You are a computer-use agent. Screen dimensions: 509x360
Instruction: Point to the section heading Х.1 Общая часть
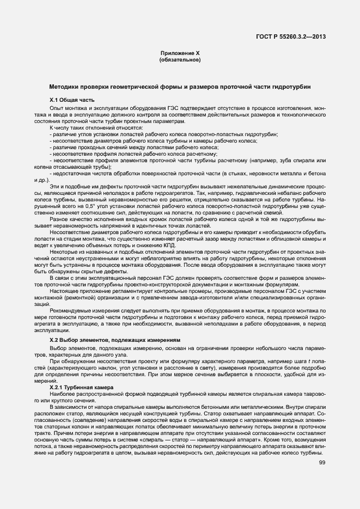(x=72, y=100)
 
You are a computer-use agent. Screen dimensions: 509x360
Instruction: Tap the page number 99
(x=322, y=463)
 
